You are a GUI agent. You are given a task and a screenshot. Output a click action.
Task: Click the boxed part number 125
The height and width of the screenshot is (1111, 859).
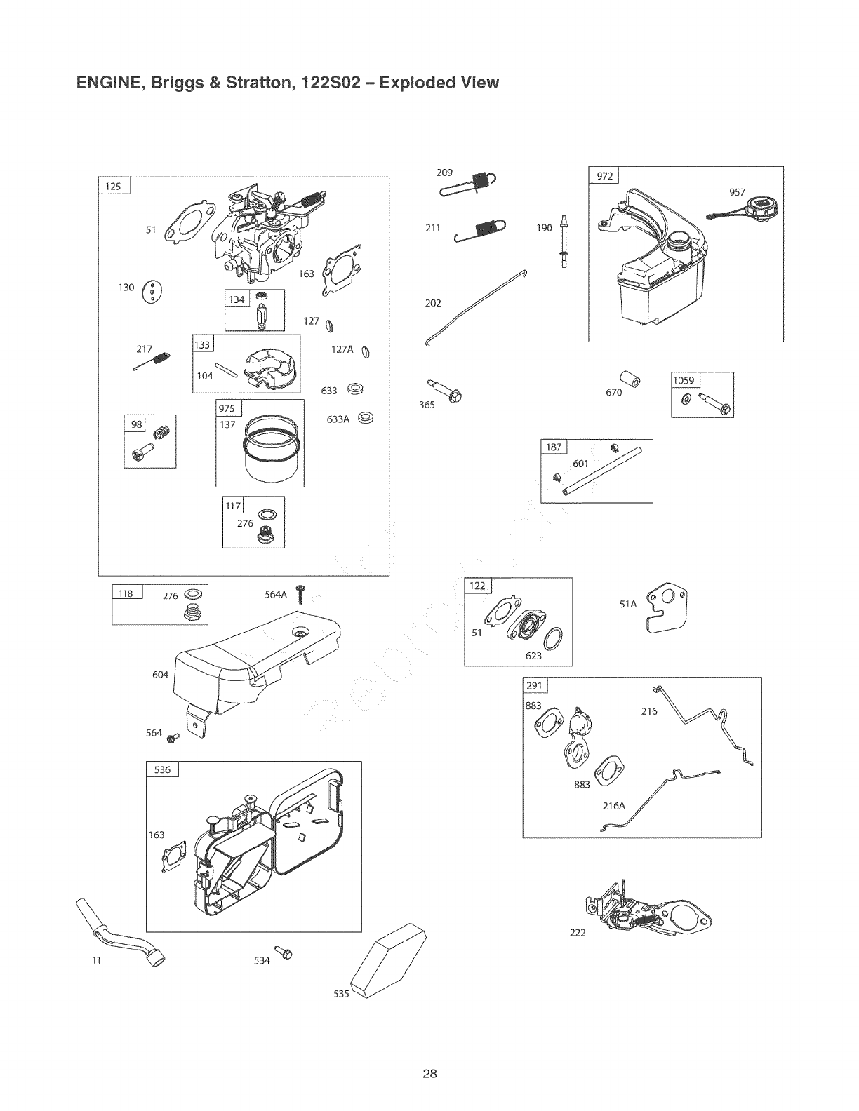(113, 186)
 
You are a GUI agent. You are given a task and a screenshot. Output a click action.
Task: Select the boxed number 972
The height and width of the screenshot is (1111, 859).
(604, 176)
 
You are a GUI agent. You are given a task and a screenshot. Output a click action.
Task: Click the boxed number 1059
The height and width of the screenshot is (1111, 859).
(684, 380)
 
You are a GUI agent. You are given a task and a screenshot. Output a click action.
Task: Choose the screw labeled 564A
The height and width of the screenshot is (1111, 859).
(302, 593)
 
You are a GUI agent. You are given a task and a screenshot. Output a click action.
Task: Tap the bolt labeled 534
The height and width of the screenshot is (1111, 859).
(285, 952)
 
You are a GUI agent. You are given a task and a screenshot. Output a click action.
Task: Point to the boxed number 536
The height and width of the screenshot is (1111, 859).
(162, 769)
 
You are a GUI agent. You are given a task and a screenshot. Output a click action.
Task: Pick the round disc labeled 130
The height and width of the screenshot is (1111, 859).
(152, 290)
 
